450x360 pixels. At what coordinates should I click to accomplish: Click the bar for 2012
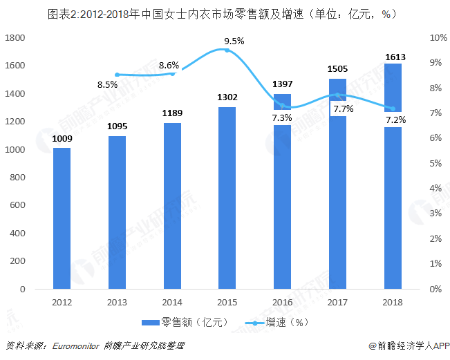click(62, 218)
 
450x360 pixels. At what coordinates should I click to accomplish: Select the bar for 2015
click(227, 198)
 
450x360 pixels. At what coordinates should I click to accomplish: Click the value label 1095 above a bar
click(117, 126)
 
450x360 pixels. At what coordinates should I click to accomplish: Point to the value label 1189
click(172, 113)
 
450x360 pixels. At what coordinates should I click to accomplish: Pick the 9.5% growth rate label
click(234, 41)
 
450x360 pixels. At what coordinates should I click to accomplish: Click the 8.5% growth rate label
click(107, 85)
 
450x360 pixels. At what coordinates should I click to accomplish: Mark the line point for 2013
click(117, 75)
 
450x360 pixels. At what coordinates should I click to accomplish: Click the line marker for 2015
click(227, 50)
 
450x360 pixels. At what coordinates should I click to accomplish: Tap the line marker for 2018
click(393, 108)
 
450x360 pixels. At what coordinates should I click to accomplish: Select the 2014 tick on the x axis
click(172, 302)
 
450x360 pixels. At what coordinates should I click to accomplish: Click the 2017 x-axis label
click(337, 302)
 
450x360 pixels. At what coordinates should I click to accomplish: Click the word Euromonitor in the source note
click(77, 345)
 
